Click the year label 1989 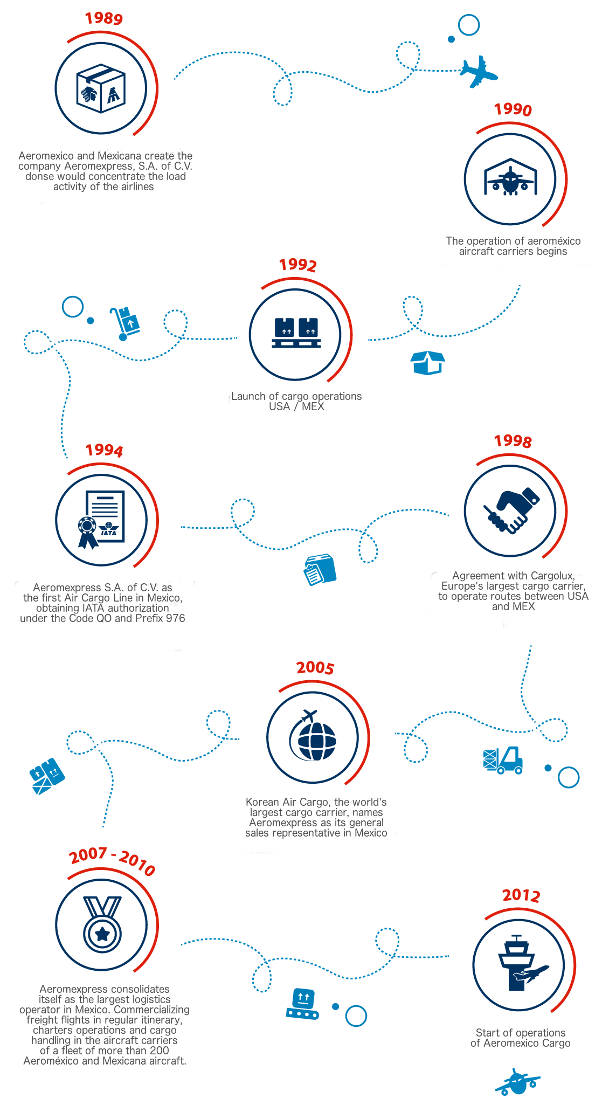(103, 18)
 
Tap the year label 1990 (513, 109)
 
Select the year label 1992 (297, 265)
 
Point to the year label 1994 (104, 450)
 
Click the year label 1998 (513, 441)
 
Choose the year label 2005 (315, 668)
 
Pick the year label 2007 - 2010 (112, 861)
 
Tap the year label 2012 (521, 895)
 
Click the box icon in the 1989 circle (101, 88)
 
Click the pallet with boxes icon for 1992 (296, 333)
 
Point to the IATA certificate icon (101, 519)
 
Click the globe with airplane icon (313, 737)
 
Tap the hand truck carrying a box (124, 323)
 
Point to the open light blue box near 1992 (427, 363)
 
